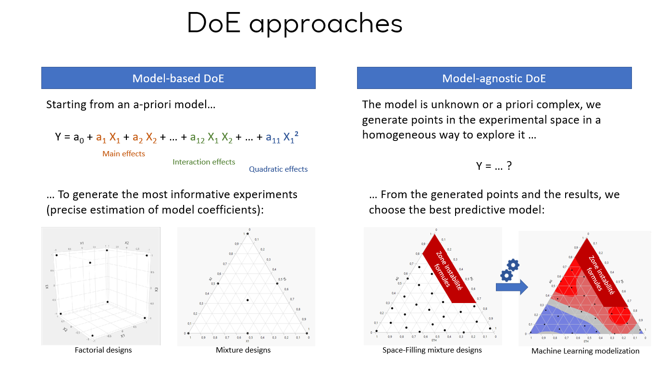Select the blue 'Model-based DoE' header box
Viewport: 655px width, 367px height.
(x=178, y=78)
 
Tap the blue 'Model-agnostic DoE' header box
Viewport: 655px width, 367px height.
(x=494, y=78)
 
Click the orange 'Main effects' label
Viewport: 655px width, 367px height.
(x=124, y=154)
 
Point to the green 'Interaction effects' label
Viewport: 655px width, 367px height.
(x=204, y=162)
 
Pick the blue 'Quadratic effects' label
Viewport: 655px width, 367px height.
(x=278, y=169)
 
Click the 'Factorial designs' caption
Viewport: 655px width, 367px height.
(x=103, y=350)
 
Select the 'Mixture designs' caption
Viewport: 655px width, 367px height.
(x=243, y=350)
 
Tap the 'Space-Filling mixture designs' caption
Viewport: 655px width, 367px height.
(x=432, y=350)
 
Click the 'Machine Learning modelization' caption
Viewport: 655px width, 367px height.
(x=585, y=351)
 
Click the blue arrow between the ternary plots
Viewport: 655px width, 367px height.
(x=512, y=288)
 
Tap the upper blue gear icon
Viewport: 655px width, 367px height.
(x=513, y=264)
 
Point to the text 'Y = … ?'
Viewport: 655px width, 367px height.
(x=494, y=166)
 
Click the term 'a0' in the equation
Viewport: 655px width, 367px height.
(x=77, y=138)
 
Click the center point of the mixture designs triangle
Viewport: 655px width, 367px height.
(x=247, y=300)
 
